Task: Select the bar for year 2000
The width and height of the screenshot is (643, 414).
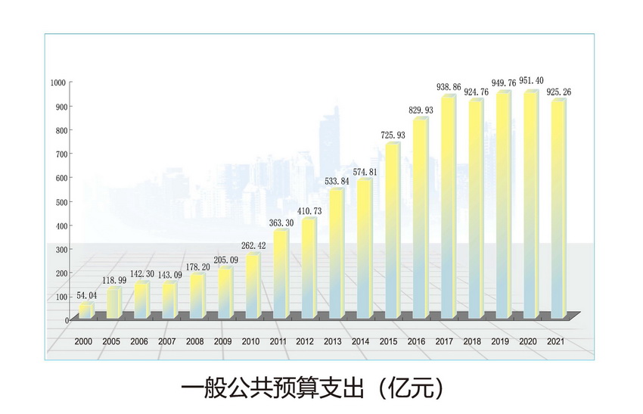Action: point(85,310)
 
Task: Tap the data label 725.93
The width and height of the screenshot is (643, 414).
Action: point(390,135)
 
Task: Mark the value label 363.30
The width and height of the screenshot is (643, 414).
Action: point(280,222)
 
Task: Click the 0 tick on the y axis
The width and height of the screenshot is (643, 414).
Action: point(67,320)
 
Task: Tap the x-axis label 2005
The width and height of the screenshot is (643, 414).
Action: point(111,342)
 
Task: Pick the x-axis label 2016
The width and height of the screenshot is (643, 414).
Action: point(417,342)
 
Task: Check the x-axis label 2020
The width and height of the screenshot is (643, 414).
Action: point(528,342)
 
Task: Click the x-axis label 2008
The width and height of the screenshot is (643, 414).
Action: point(195,342)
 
